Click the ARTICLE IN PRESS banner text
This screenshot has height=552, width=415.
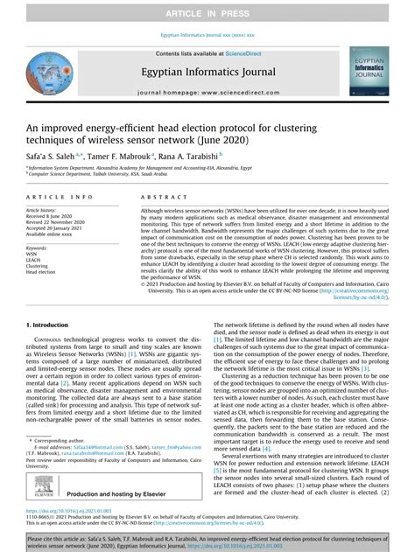click(x=207, y=10)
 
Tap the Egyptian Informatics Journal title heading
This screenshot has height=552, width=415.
click(x=207, y=73)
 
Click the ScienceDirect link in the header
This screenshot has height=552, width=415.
click(x=249, y=53)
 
